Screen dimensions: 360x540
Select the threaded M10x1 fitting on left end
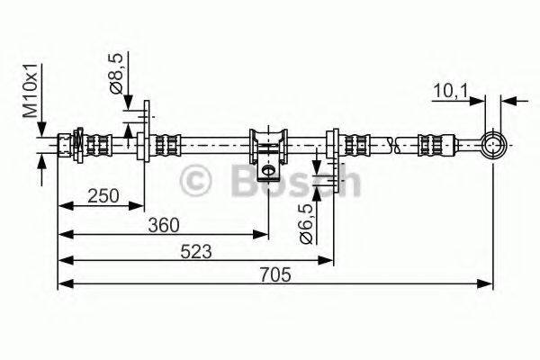pos(67,143)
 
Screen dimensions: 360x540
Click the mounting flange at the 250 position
pos(143,143)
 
